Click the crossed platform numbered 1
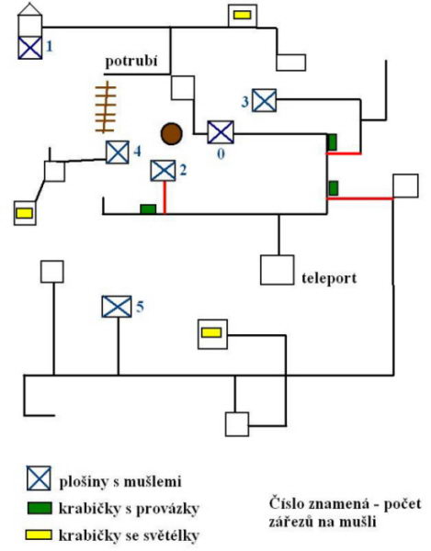click(x=30, y=48)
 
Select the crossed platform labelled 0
click(x=221, y=132)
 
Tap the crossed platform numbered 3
click(x=265, y=100)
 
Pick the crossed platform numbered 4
click(x=118, y=152)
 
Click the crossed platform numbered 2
click(x=164, y=171)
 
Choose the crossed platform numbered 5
click(x=117, y=307)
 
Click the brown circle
click(x=172, y=134)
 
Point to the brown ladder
click(x=106, y=107)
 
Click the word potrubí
click(x=131, y=62)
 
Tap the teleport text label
click(x=329, y=278)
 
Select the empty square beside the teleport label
click(x=277, y=270)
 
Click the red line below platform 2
click(x=164, y=197)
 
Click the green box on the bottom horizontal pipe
click(x=148, y=208)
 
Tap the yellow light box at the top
click(x=243, y=15)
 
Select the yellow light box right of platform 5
click(x=211, y=332)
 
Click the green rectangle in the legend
click(x=40, y=508)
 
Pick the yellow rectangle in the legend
click(x=39, y=534)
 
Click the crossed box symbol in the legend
click(x=39, y=478)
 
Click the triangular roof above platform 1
click(x=30, y=10)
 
